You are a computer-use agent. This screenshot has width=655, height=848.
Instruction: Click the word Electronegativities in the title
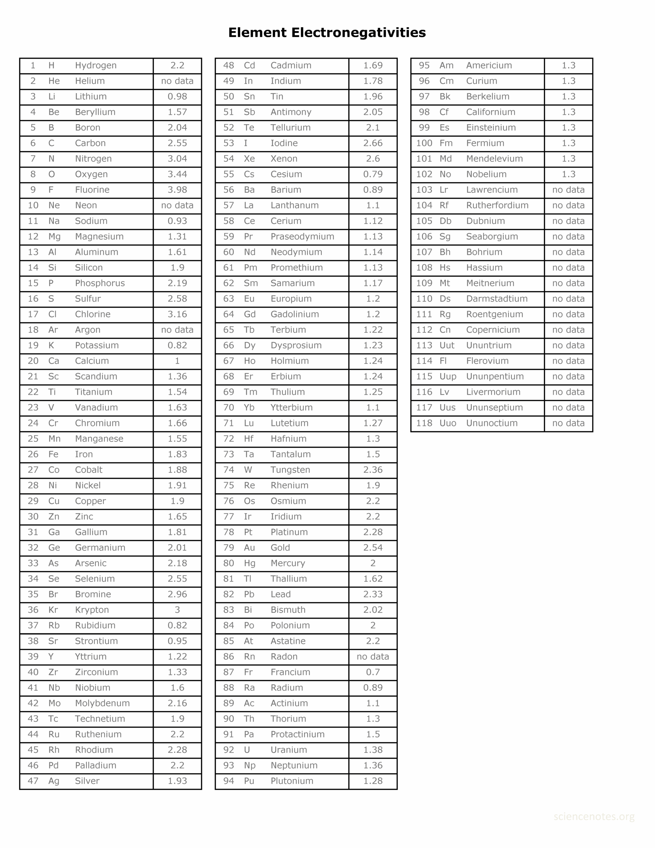pos(358,32)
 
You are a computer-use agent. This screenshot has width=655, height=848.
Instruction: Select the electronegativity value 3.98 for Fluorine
pos(177,190)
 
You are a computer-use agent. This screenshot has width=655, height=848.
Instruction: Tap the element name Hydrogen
pos(95,66)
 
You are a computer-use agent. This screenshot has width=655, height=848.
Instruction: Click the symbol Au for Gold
pos(249,548)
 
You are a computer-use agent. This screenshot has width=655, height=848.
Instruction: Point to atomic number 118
pos(424,423)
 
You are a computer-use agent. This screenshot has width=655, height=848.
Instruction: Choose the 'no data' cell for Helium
pos(177,81)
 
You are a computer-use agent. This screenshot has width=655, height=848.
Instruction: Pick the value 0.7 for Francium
pos(373,672)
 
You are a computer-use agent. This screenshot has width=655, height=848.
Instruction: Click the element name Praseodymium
pos(302,237)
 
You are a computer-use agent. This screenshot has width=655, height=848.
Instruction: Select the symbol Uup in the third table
pos(448,377)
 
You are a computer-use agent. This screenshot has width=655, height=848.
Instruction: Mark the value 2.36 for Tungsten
pos(373,470)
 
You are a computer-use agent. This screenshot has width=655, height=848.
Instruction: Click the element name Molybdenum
pos(102,703)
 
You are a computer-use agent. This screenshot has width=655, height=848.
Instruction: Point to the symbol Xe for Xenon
pos(249,159)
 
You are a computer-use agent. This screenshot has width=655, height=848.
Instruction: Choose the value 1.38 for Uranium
pos(373,750)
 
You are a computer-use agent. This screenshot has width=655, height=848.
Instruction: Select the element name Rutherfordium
pos(497,205)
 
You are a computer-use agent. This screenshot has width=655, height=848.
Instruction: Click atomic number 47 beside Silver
pos(33,781)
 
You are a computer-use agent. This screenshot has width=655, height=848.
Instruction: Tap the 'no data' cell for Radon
pos(373,657)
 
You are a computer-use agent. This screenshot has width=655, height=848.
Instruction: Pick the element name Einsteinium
pos(491,128)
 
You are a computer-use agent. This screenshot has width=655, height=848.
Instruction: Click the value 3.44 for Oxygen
pos(177,174)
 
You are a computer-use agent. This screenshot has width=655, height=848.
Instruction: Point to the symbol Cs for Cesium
pos(249,174)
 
